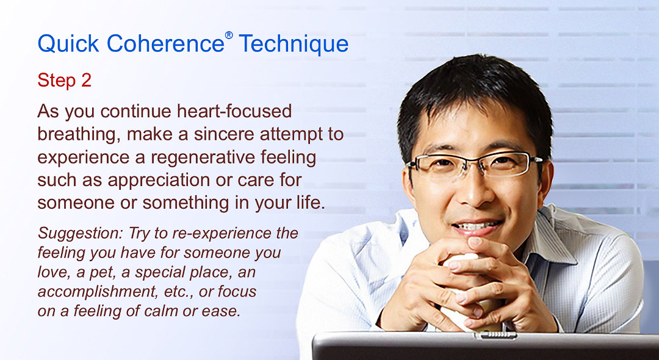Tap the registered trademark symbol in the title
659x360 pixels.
click(x=229, y=35)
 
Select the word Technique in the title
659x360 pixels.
click(x=293, y=44)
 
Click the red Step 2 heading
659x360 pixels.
click(x=64, y=81)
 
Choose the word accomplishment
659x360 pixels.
click(x=92, y=290)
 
